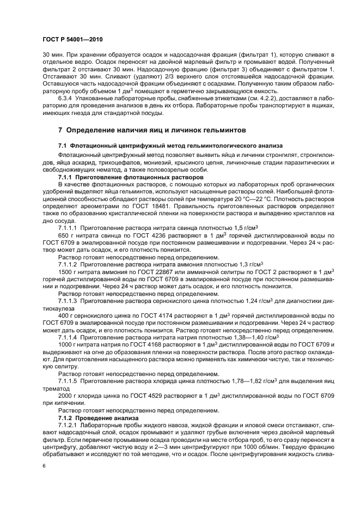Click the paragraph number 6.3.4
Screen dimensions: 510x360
click(x=66, y=91)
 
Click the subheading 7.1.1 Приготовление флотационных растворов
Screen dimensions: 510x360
click(x=131, y=178)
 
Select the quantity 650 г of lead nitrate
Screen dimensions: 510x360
click(x=65, y=235)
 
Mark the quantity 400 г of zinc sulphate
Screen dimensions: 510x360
click(x=65, y=316)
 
